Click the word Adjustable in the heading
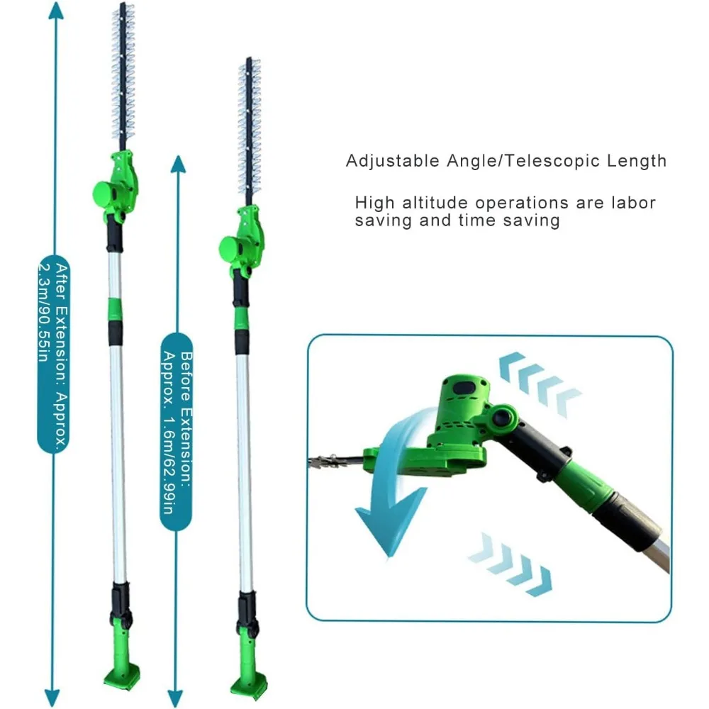393,162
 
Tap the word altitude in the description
435,203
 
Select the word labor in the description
633,203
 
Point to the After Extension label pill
54,354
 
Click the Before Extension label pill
177,432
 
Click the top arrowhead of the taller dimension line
55,11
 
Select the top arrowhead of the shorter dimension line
179,164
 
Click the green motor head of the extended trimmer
116,184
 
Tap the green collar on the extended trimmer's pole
114,309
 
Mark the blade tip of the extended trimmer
122,4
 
